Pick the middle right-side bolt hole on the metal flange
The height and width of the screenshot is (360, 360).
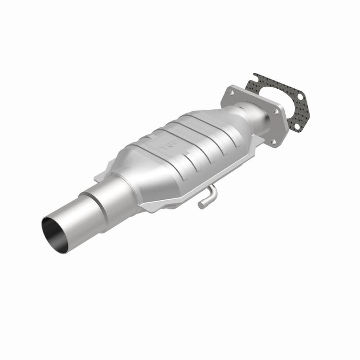(282, 112)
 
